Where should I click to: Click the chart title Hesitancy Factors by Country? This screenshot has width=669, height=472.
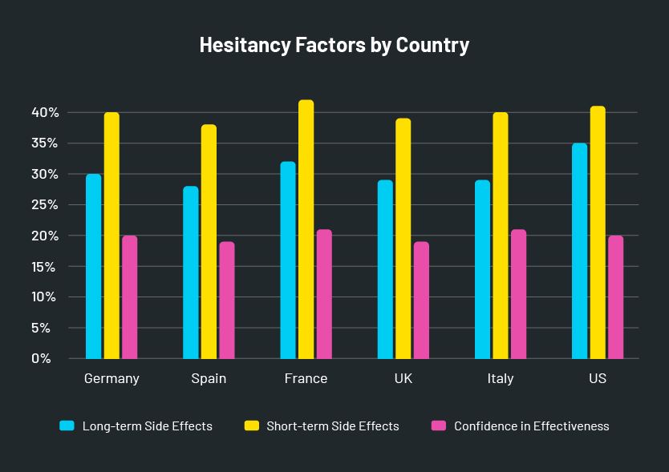[334, 45]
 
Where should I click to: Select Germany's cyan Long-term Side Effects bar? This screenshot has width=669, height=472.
[94, 266]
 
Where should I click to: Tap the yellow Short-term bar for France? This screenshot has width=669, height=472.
[306, 229]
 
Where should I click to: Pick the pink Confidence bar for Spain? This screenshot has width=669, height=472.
[227, 300]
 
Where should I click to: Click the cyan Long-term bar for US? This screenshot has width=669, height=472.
[579, 251]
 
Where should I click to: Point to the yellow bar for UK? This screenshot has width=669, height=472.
[403, 238]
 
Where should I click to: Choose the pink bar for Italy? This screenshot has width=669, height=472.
[518, 294]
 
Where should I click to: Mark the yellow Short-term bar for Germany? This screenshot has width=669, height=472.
[111, 235]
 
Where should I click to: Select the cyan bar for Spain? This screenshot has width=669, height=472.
[191, 272]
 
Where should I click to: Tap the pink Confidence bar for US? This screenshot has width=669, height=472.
[615, 297]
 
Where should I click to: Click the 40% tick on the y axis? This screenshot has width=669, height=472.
[46, 113]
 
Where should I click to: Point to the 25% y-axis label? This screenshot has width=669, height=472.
[46, 205]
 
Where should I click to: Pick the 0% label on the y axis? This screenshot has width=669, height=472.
[42, 358]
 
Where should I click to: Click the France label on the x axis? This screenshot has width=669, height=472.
[306, 379]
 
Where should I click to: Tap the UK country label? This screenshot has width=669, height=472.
[403, 379]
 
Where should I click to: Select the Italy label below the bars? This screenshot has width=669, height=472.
[501, 379]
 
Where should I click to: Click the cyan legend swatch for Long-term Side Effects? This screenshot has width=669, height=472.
[67, 426]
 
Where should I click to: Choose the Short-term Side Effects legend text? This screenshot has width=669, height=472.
[332, 426]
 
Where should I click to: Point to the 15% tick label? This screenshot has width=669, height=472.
[46, 266]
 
